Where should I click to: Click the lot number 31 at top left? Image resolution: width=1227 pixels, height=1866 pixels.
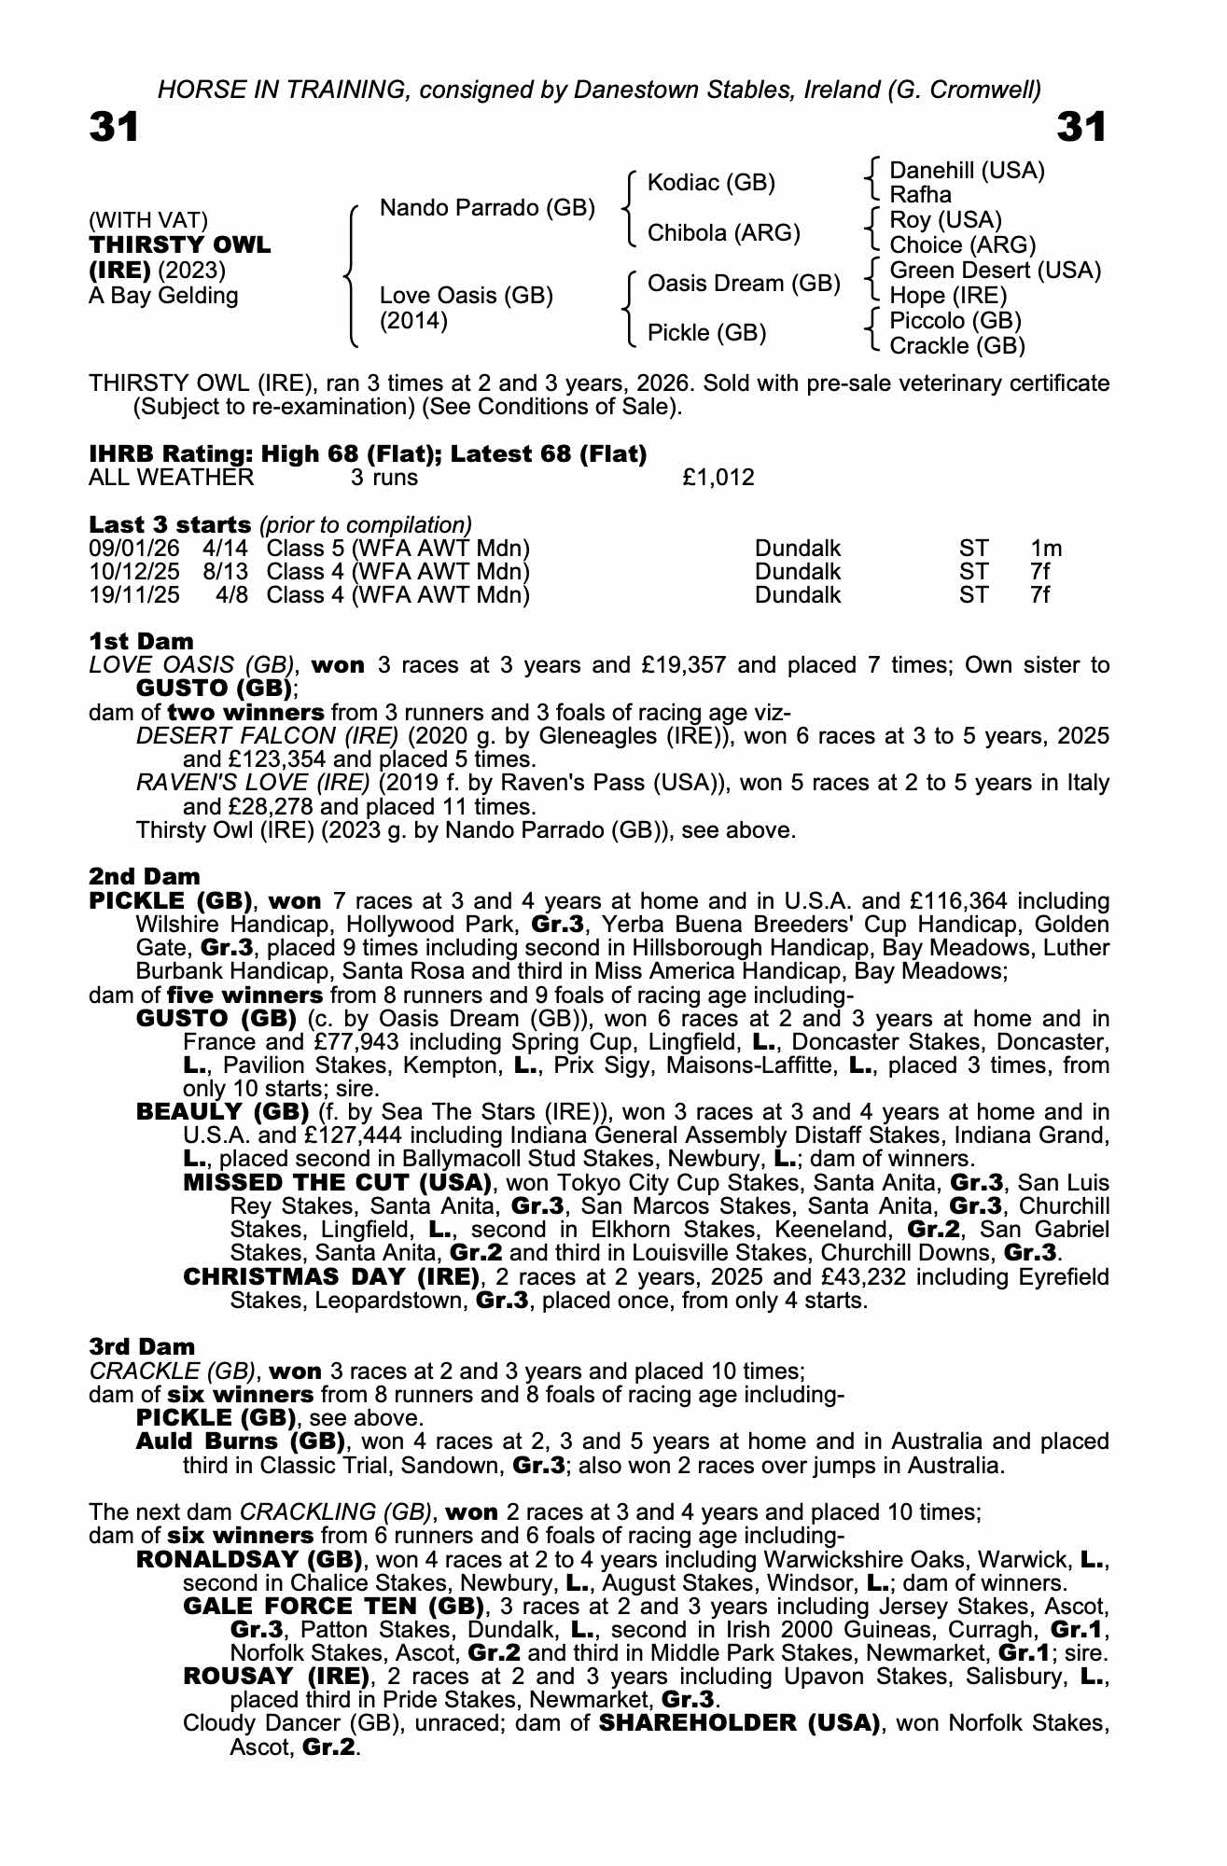(x=114, y=127)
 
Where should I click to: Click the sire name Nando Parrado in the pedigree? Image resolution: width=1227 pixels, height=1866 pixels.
(x=487, y=207)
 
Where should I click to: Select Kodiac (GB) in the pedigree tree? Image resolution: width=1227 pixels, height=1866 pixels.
(x=711, y=183)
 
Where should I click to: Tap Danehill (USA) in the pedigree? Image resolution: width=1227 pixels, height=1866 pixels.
(x=967, y=171)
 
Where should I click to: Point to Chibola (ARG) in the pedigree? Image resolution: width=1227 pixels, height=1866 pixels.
(x=723, y=233)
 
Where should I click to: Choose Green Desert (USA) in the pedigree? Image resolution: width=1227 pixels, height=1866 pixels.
(x=996, y=271)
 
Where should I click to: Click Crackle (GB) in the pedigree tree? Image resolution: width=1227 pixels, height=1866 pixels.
(x=957, y=346)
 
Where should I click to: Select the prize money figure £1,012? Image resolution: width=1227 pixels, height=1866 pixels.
(x=718, y=479)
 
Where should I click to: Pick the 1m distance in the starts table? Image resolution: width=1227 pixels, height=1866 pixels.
(x=1046, y=549)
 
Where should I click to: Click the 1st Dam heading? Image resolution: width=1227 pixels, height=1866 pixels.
(x=141, y=641)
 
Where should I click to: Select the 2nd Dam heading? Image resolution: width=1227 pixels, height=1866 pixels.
(x=144, y=876)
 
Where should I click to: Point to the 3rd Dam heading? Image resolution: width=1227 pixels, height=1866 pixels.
(x=142, y=1346)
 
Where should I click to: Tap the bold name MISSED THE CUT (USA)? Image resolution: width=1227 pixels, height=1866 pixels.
(x=337, y=1183)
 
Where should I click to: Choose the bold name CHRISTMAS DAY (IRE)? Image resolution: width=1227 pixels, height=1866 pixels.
(x=331, y=1276)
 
